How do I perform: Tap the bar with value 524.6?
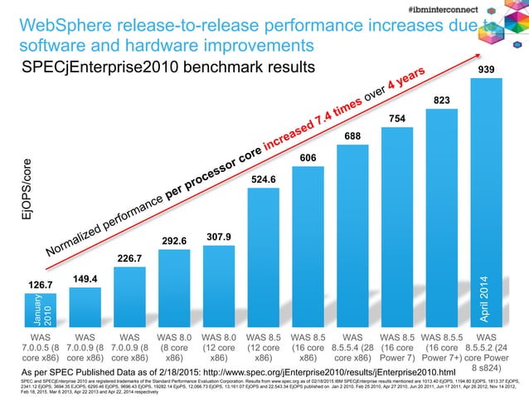click(264, 257)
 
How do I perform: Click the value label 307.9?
click(218, 237)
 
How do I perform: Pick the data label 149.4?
click(85, 278)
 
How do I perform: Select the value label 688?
click(353, 135)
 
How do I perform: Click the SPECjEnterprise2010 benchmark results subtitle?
click(166, 66)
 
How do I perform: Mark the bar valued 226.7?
click(129, 299)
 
